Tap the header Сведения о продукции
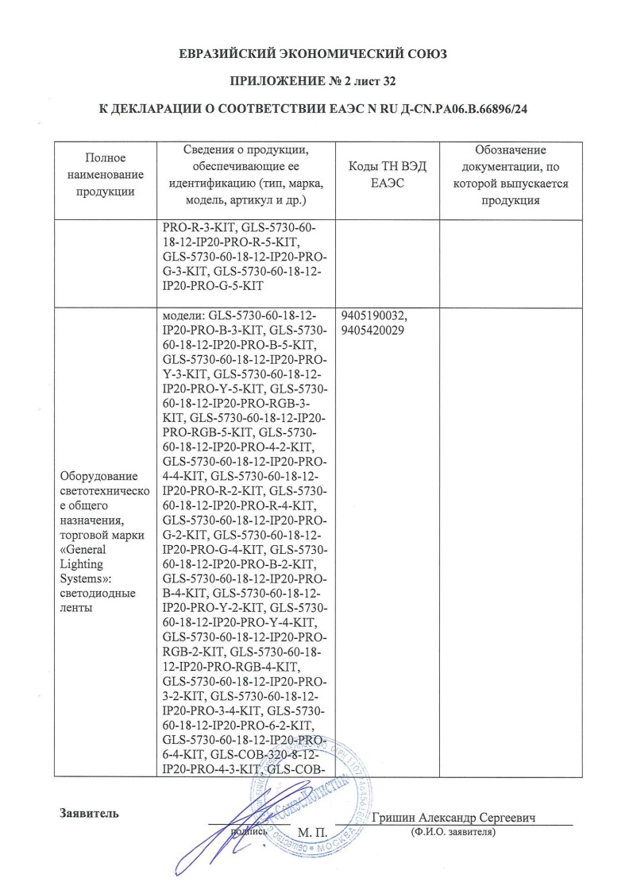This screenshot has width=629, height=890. pyautogui.click(x=246, y=151)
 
